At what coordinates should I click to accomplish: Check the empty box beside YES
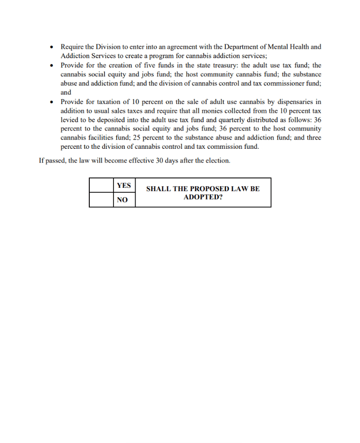[102, 185]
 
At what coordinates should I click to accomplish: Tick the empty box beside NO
[102, 200]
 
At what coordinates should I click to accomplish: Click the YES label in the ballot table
[124, 185]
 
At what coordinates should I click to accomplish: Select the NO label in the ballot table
[122, 200]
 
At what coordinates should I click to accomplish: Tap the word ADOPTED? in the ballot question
[203, 197]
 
